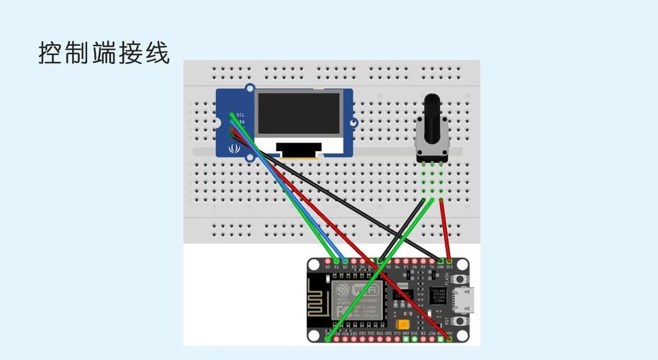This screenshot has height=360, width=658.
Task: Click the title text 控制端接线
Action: point(104,53)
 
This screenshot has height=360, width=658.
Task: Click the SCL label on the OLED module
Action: point(240,114)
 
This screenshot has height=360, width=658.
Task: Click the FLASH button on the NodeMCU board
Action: point(453,277)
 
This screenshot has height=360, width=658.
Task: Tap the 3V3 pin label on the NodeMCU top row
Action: point(449,267)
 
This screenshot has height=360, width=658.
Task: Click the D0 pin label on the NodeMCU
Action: point(328,267)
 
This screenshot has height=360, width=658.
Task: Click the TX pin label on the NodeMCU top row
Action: point(432,267)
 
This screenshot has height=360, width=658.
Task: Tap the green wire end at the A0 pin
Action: point(328,337)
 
